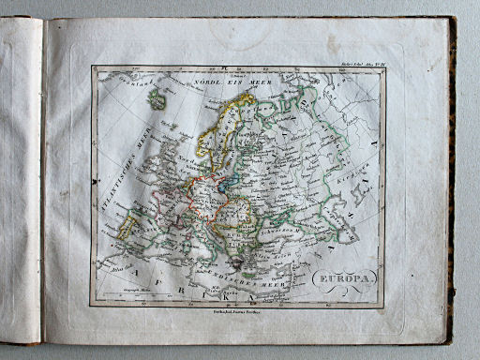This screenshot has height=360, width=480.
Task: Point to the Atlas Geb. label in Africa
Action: [122, 269]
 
